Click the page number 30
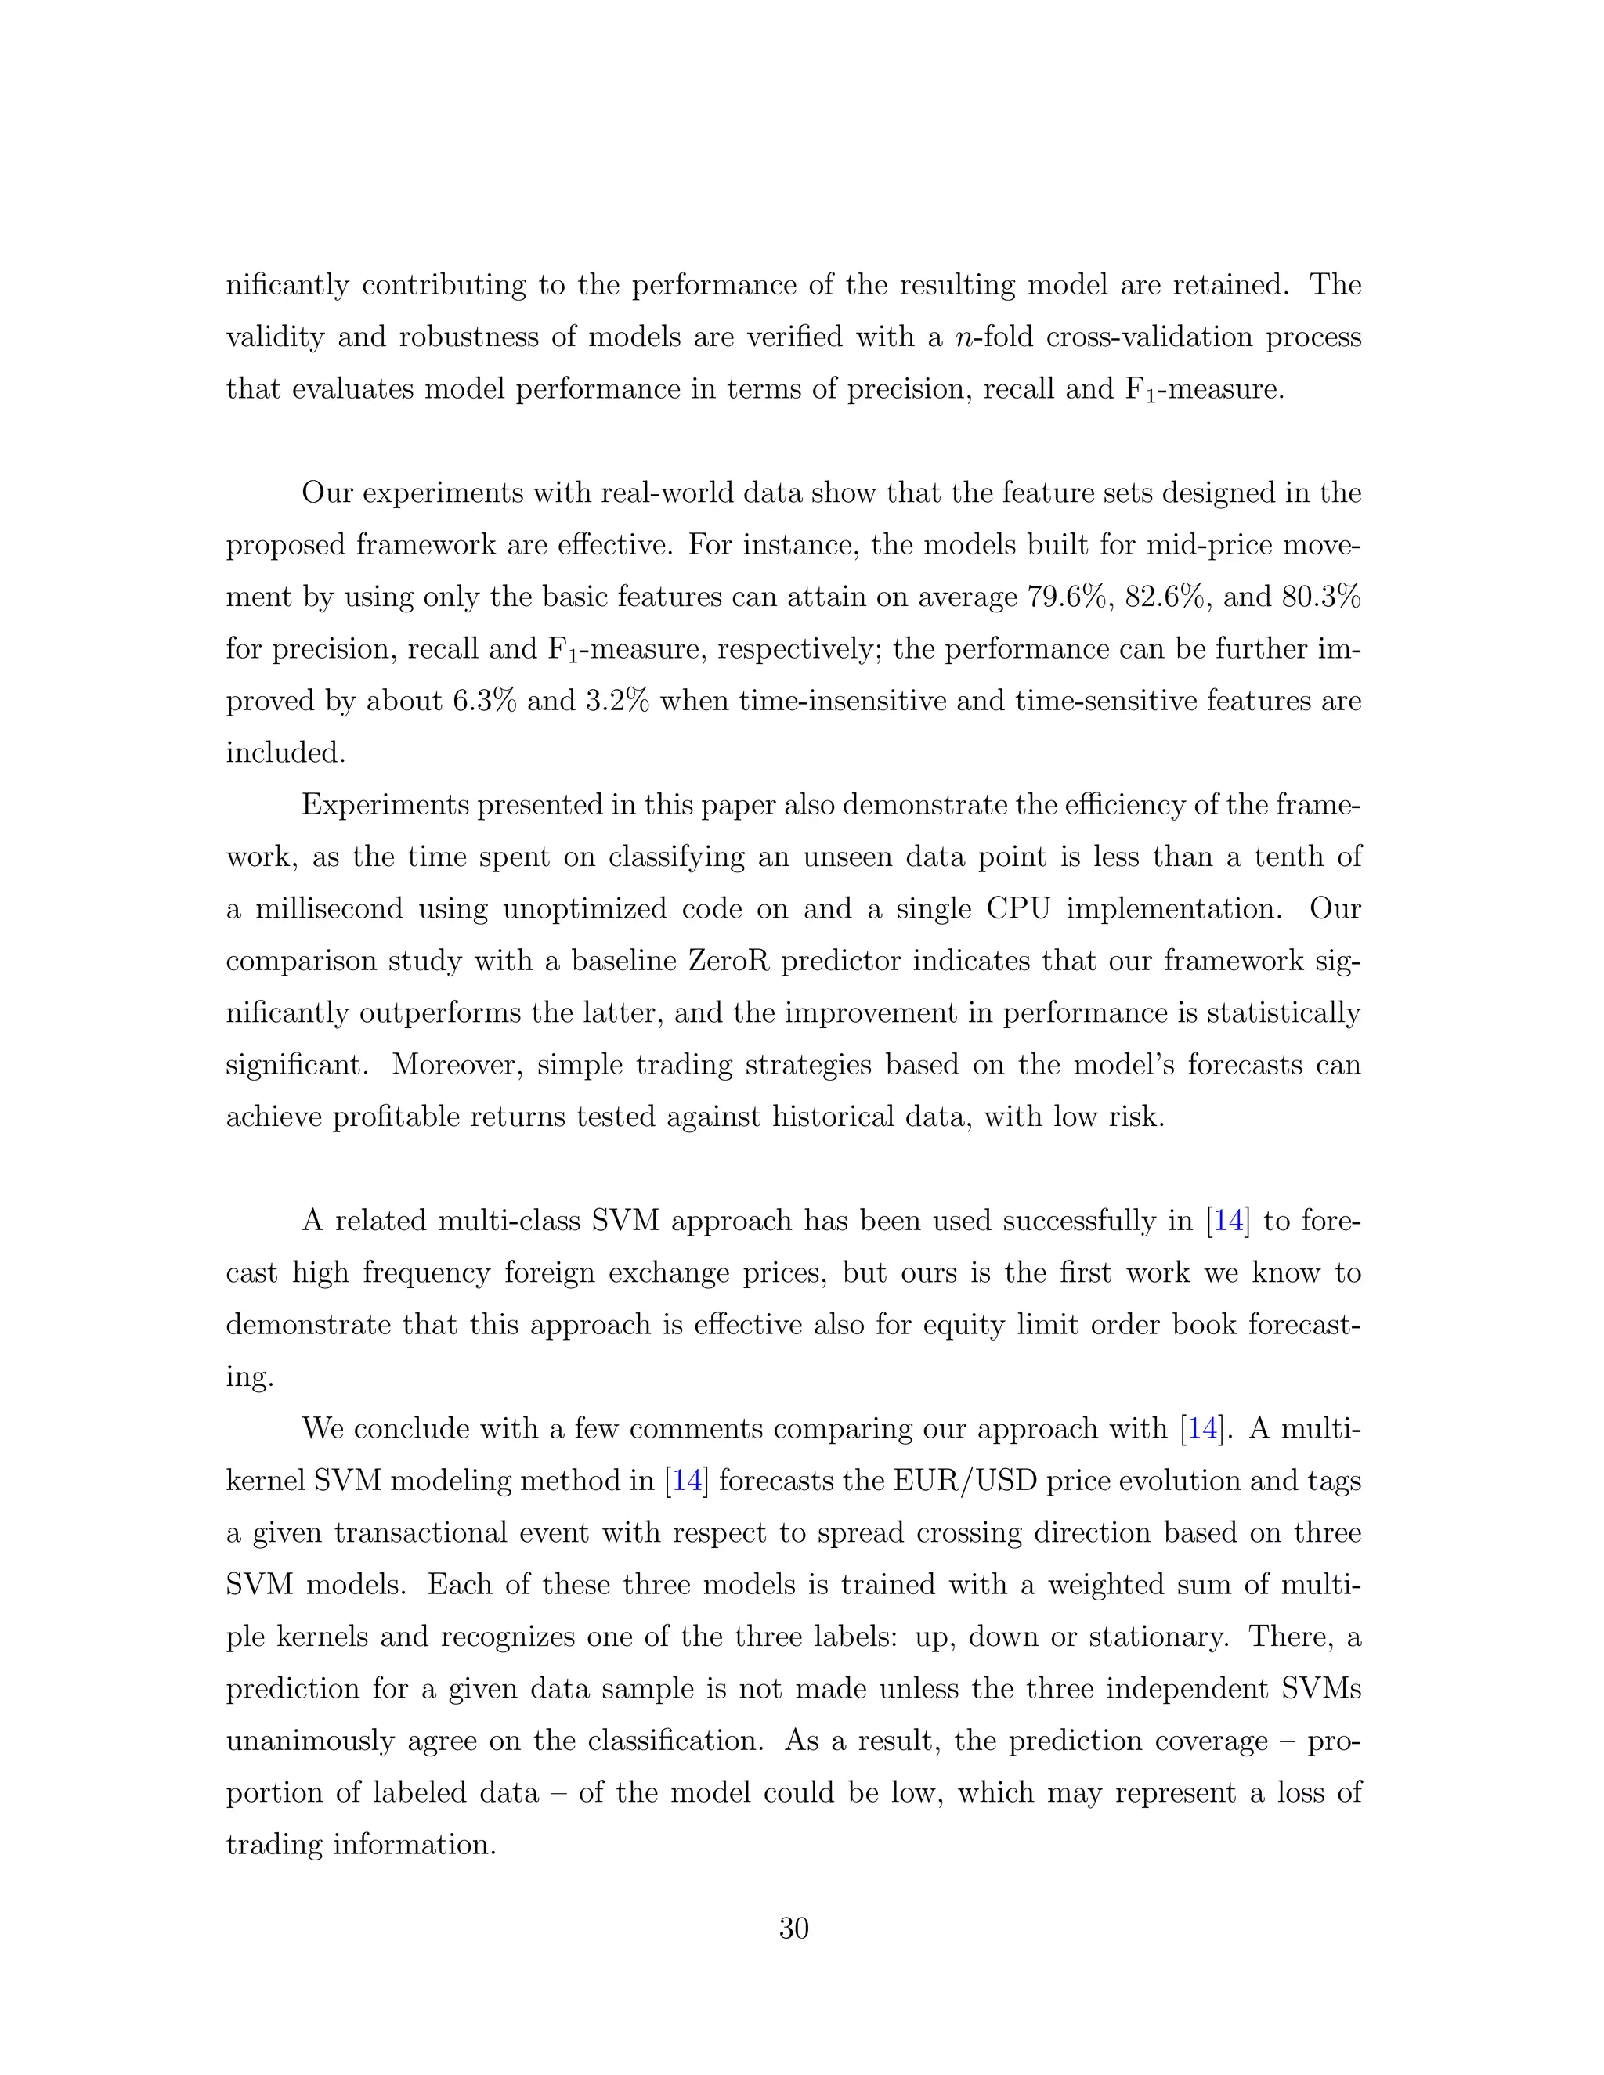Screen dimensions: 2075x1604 (793, 1928)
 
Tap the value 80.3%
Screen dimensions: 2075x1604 (1320, 597)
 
